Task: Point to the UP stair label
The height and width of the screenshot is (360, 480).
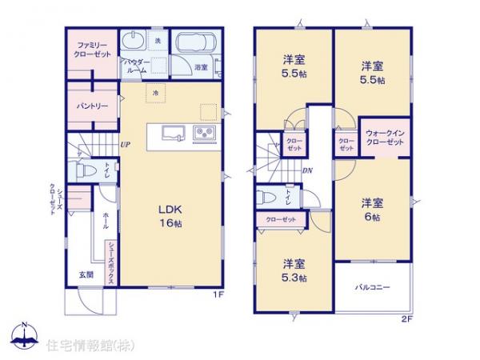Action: point(126,145)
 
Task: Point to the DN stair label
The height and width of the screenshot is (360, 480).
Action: point(306,170)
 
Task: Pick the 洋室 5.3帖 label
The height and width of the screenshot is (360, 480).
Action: point(294,268)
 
